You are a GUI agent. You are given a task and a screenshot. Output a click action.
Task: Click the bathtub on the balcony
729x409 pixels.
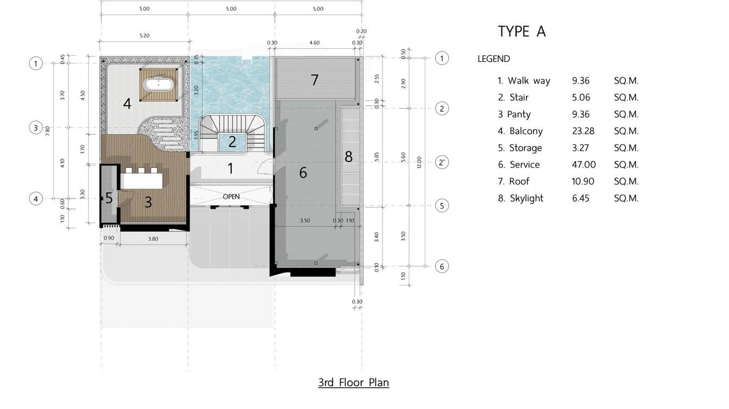159,85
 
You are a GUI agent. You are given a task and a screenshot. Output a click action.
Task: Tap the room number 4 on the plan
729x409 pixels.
127,104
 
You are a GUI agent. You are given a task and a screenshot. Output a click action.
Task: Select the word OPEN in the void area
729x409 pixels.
231,196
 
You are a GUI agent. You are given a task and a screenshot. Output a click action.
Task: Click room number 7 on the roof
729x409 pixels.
315,80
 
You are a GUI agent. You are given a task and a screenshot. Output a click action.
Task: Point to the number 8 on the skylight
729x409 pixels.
348,157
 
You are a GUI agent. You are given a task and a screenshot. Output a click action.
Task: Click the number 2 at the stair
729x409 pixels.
232,142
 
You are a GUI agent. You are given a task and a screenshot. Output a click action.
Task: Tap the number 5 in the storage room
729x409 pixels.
109,198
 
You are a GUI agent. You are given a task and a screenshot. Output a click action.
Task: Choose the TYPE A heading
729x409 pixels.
521,31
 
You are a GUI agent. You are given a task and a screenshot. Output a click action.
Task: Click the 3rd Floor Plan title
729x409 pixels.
354,382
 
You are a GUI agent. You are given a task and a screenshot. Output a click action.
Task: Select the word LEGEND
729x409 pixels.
494,59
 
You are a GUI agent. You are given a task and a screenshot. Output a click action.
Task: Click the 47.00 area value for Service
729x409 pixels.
584,165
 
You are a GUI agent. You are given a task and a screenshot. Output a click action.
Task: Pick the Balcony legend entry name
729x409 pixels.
526,131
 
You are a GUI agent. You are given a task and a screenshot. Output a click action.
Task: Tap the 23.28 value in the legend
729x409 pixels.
583,131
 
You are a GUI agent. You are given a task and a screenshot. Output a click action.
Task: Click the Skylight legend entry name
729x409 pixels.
526,198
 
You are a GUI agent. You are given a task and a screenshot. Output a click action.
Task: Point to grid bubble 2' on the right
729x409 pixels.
442,162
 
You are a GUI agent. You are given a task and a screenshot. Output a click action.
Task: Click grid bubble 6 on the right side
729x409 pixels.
442,266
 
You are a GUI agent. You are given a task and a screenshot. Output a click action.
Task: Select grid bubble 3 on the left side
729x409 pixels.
36,127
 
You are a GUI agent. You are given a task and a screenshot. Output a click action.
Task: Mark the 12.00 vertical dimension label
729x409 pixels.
419,162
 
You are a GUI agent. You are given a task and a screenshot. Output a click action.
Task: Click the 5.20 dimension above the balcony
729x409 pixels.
144,36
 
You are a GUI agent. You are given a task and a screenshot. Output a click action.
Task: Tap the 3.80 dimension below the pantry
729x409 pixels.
153,239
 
